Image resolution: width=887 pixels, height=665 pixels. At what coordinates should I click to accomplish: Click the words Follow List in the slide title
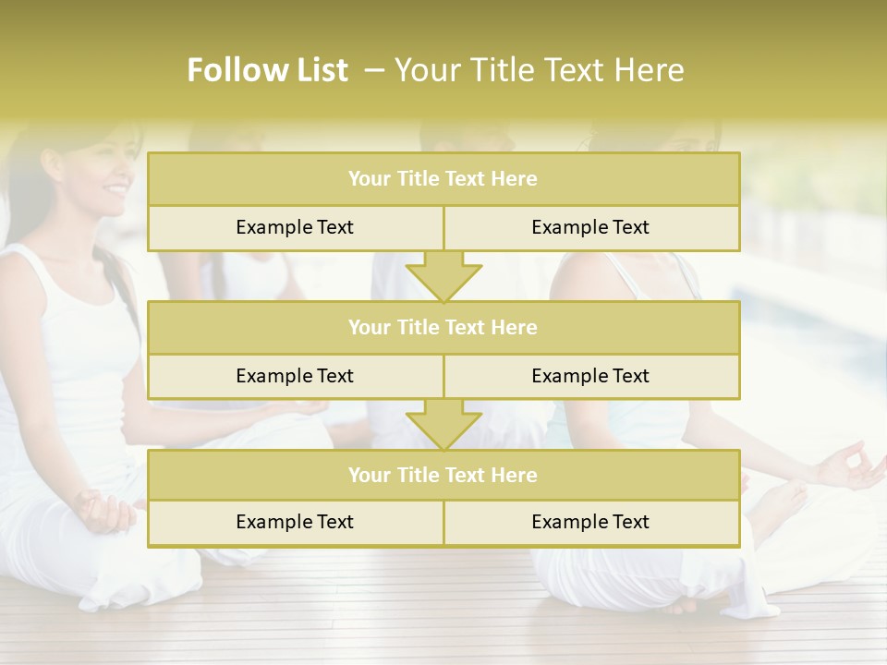268,70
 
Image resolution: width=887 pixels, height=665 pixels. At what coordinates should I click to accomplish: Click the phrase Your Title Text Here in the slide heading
539,70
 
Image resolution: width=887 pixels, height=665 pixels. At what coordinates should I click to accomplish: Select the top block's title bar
443,179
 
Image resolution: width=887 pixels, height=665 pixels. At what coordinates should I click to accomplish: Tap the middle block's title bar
443,327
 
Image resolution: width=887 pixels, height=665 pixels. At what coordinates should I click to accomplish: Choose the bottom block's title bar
443,475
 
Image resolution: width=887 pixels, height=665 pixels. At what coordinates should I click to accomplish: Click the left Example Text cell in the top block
295,227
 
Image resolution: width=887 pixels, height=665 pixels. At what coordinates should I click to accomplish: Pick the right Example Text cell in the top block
591,227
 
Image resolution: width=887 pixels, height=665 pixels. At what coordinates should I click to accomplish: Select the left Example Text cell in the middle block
295,376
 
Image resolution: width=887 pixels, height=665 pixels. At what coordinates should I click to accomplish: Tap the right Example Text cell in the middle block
591,376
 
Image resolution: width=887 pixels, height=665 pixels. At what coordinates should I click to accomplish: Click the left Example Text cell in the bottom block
295,522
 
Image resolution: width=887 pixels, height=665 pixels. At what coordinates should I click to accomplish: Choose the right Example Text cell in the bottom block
591,522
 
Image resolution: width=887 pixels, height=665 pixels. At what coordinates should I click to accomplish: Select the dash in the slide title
374,70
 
